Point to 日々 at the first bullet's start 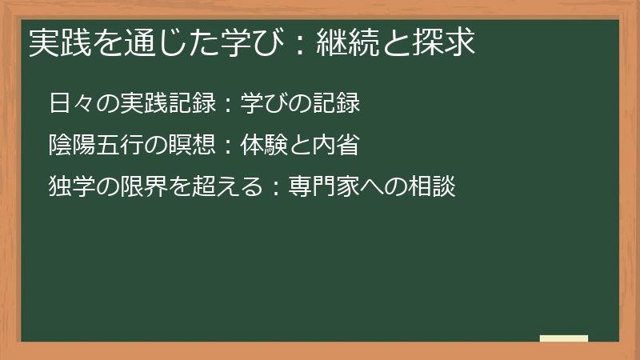point(69,104)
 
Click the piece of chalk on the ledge point(564,338)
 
